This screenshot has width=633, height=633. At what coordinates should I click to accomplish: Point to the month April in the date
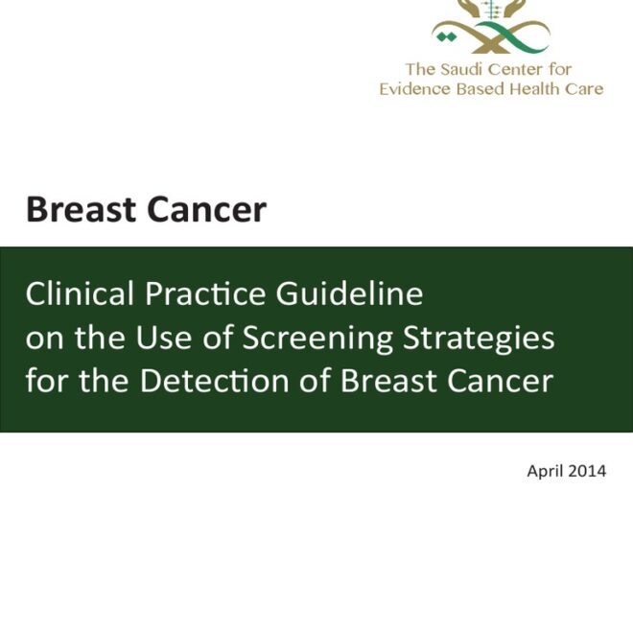[x=546, y=472]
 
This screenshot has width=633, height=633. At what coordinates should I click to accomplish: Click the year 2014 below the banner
[x=587, y=472]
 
